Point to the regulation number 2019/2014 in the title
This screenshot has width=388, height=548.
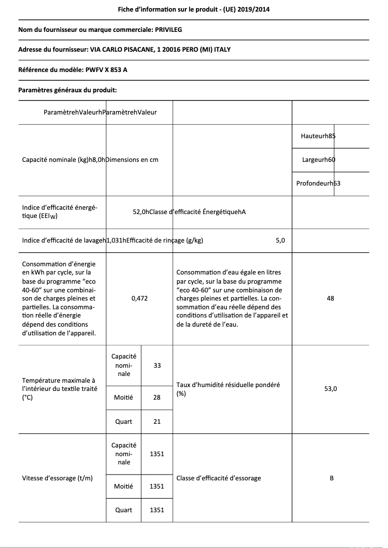(261, 9)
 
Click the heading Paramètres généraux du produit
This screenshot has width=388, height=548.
(67, 90)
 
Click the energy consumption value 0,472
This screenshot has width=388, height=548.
(139, 299)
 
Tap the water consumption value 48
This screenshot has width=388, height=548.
(330, 299)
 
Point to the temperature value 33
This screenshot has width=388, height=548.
(157, 365)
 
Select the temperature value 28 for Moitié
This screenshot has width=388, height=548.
(157, 397)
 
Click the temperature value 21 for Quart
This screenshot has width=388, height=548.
(157, 421)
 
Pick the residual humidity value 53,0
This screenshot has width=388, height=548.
(330, 389)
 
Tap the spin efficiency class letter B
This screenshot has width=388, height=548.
(331, 478)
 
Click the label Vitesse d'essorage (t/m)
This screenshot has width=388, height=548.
(58, 478)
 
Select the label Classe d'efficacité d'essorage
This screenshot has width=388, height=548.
(219, 478)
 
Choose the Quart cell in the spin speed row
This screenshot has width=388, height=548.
(123, 510)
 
